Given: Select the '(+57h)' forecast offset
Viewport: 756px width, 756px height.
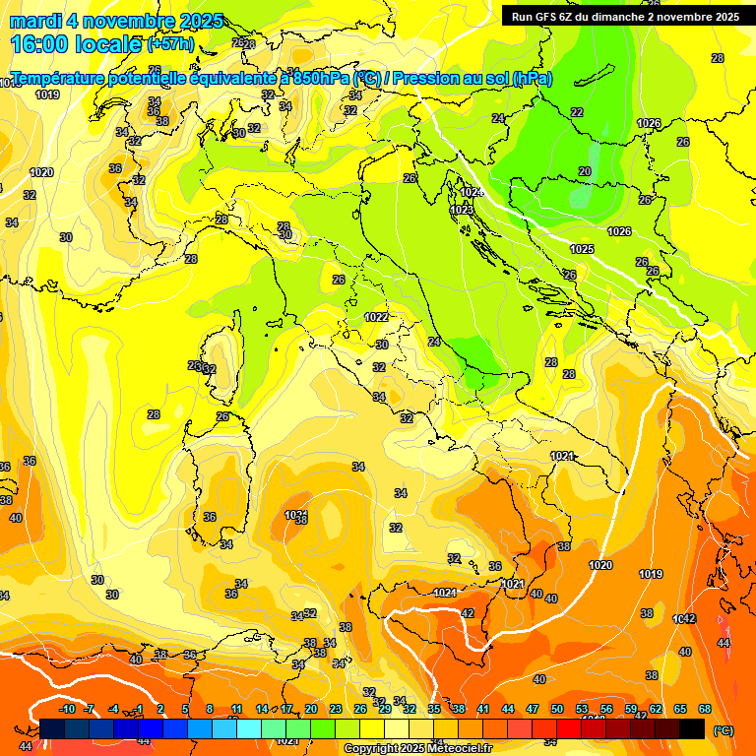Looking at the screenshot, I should (x=170, y=45).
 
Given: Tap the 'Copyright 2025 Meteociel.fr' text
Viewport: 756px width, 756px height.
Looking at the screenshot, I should (x=417, y=749).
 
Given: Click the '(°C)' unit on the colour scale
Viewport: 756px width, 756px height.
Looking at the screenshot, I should (x=723, y=730).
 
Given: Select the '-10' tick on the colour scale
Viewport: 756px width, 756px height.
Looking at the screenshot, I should (x=67, y=709).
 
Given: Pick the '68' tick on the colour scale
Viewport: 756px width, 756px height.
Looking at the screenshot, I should (x=705, y=709).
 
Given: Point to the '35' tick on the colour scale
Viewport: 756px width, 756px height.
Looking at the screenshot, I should (x=434, y=709).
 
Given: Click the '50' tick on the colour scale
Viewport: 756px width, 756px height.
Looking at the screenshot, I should (x=557, y=709).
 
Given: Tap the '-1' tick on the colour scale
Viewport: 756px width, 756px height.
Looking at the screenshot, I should (x=139, y=709).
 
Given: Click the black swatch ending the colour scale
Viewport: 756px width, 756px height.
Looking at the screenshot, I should (x=692, y=728).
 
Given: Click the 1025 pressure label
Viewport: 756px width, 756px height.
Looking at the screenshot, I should (x=582, y=249).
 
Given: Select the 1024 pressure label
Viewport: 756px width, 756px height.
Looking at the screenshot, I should (x=471, y=192).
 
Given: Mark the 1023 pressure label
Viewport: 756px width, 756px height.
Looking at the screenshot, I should (x=461, y=210).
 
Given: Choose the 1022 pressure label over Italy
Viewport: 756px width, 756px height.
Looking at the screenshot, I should (x=376, y=317).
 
